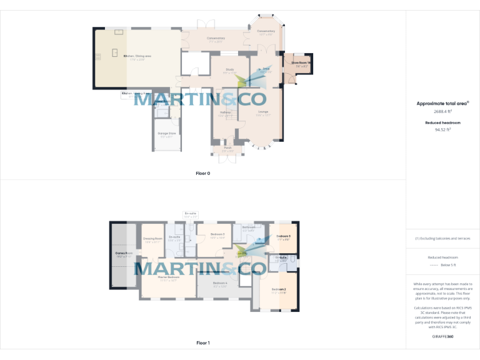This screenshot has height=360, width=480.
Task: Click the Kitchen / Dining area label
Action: tap(134, 57)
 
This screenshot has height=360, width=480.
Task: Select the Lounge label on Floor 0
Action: tap(263, 112)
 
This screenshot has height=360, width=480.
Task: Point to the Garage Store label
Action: tap(167, 134)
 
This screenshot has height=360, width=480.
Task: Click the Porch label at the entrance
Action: tap(227, 148)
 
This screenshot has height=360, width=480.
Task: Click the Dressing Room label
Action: tap(153, 238)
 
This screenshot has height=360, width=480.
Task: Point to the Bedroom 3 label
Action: tap(217, 234)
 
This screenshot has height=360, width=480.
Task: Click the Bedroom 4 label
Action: tap(219, 284)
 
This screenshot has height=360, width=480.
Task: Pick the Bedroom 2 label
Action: tap(279, 289)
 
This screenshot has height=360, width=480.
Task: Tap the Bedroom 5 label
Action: tap(284, 236)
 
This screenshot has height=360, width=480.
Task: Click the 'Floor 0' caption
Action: tap(203, 173)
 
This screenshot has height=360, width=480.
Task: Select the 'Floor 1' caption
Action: tap(203, 343)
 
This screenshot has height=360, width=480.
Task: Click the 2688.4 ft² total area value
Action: tap(442, 112)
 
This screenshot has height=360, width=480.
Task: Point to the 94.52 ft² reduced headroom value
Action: tap(442, 130)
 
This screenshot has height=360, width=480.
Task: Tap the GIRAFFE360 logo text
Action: tap(442, 337)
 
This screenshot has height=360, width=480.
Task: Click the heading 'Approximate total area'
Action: tap(442, 104)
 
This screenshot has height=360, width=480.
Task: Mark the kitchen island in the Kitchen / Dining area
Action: tap(114, 53)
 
